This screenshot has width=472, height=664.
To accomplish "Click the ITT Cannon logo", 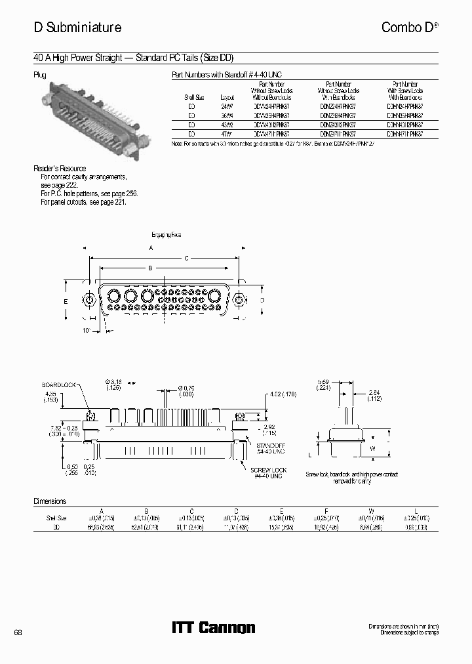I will [x=213, y=628].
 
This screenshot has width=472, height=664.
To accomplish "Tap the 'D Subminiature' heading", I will [x=77, y=28].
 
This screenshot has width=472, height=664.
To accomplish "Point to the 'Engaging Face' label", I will [x=166, y=234].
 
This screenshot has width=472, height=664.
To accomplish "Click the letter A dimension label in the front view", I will [x=151, y=248].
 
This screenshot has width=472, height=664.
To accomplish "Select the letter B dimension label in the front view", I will [x=150, y=268].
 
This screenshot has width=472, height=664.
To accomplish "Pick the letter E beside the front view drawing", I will [x=66, y=301].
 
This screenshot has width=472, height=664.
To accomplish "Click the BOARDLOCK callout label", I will [x=59, y=384].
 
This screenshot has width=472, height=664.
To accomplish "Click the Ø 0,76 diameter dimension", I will [x=187, y=390].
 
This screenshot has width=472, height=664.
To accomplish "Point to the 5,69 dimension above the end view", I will [x=323, y=384].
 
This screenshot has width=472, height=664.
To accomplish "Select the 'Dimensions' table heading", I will [x=50, y=501].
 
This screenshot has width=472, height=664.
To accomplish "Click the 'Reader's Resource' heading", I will [x=60, y=169].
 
